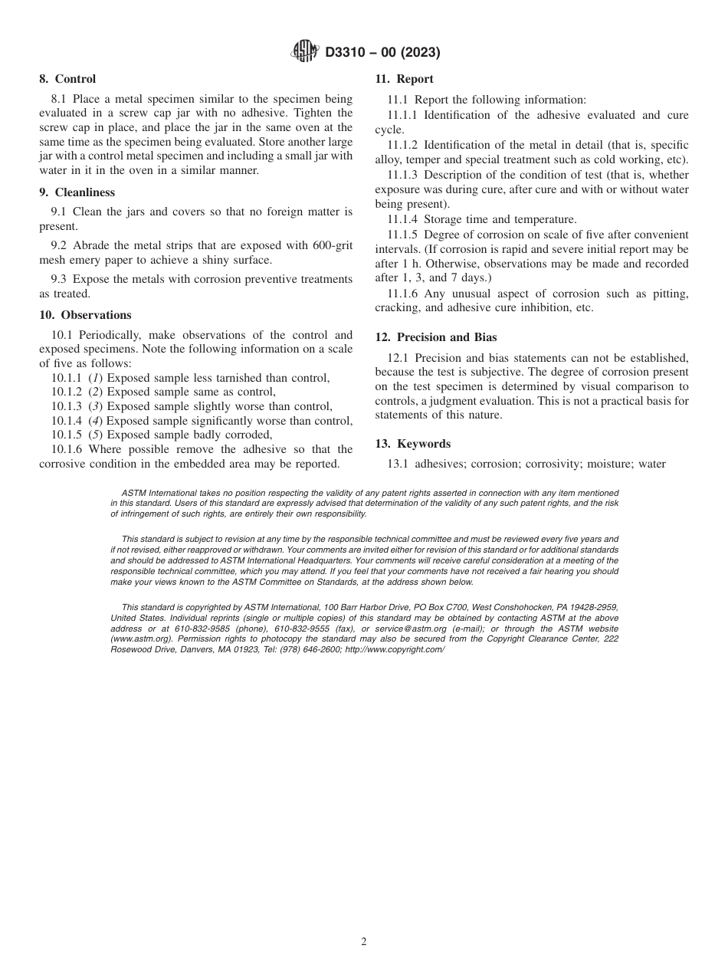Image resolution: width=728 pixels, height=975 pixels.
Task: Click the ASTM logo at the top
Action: pos(305,52)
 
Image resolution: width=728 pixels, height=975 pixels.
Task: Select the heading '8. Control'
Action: pos(67,79)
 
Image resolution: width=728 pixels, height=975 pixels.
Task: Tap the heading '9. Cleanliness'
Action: pos(77,192)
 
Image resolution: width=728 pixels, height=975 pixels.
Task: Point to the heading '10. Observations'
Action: pos(85,315)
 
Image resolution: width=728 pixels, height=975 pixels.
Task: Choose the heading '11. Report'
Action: pos(404,79)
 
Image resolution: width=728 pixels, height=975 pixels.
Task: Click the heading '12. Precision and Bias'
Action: pos(436,337)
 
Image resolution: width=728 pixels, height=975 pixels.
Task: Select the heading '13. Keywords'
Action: pos(412,444)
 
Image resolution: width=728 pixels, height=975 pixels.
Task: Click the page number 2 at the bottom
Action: pos(364,942)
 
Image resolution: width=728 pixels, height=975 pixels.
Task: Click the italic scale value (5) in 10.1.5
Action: pos(96,435)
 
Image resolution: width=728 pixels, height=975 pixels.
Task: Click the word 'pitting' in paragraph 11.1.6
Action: pos(667,294)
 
